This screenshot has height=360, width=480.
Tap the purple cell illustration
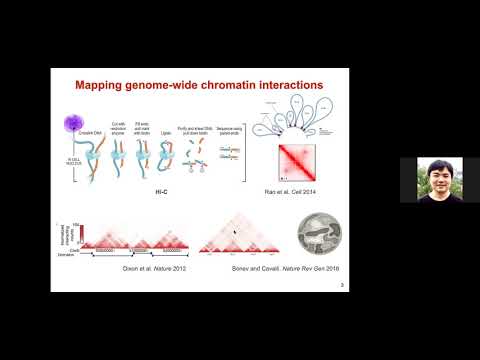(x=76, y=125)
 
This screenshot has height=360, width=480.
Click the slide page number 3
(x=343, y=285)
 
